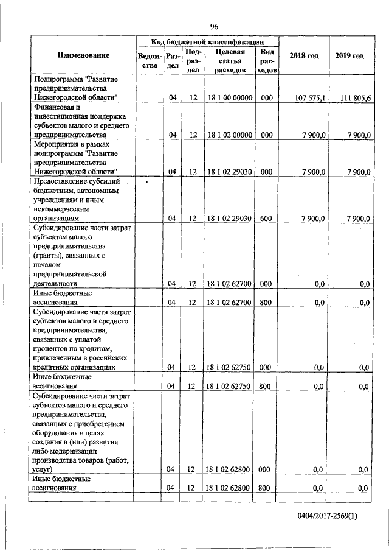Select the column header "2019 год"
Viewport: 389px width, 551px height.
349,56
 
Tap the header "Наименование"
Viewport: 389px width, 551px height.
83,56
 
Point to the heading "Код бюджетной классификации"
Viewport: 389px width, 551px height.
207,42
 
